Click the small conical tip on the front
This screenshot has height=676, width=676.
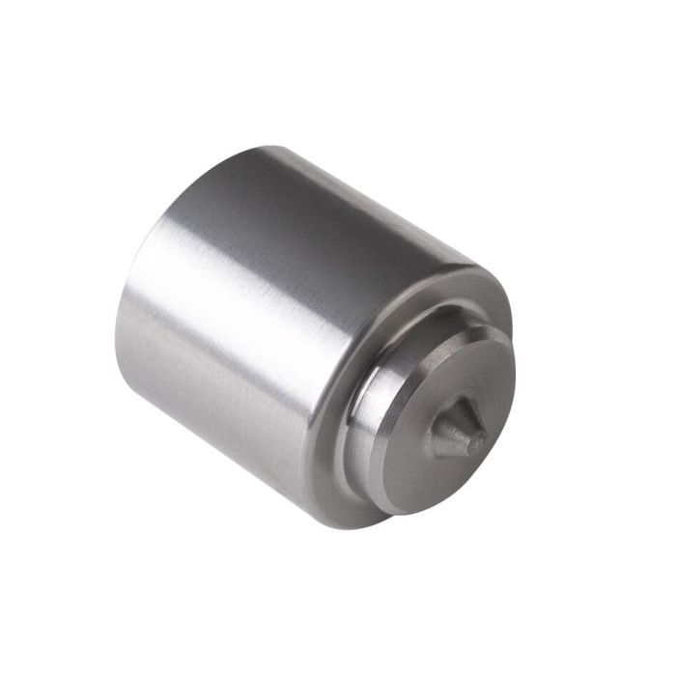click(x=462, y=435)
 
